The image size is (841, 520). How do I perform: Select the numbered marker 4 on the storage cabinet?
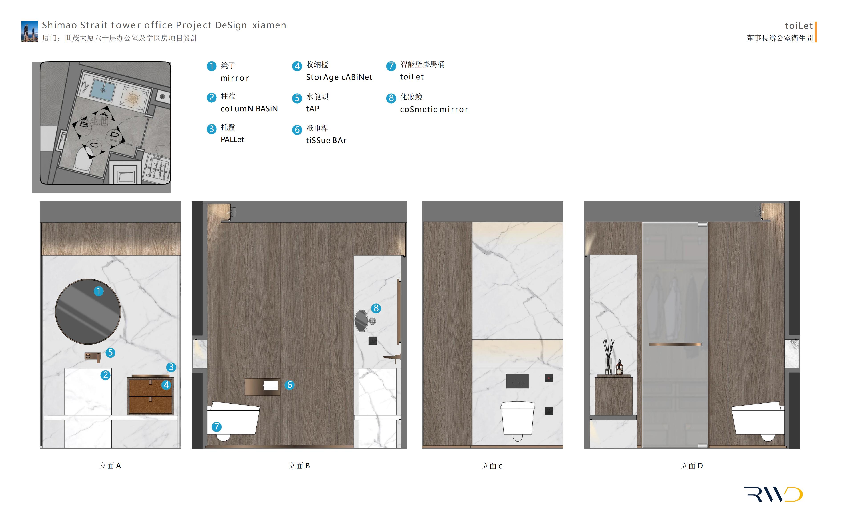pos(166,385)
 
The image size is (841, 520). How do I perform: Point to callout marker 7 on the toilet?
pos(216,427)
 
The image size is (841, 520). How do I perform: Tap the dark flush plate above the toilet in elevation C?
pos(517,381)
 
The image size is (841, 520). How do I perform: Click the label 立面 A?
pos(110,466)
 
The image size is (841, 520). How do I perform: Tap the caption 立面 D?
pos(692,466)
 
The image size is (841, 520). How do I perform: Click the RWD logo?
pos(773,494)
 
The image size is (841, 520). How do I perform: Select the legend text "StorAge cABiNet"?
pos(339,77)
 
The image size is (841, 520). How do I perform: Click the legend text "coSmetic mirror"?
pos(434,109)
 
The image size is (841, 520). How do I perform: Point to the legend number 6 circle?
pos(297,130)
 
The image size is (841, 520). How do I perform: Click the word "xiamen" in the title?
pos(269,25)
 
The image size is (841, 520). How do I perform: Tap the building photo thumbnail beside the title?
pos(30,31)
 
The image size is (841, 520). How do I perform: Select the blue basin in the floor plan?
pos(103,90)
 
